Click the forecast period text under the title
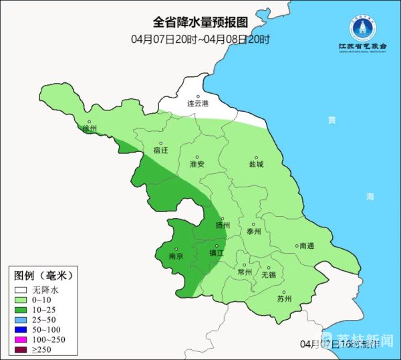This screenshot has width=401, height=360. point(200,39)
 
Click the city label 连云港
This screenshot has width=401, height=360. point(198,104)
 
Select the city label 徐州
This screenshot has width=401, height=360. point(89,128)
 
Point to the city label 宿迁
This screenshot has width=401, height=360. point(161,150)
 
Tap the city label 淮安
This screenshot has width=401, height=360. point(197,163)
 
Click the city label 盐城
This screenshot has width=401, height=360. point(255,163)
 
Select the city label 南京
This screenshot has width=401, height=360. point(176,255)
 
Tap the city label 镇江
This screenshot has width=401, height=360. point(217,253)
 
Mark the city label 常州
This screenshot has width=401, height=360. point(245,272)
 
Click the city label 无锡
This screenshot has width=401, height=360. point(268,274)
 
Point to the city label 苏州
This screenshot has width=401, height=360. point(284,299)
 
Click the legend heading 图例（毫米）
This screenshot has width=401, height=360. point(42,275)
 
